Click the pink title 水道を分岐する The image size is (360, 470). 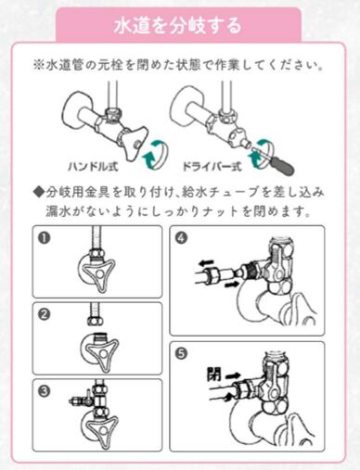[177, 26]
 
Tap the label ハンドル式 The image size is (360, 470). [93, 167]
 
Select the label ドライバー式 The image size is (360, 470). [212, 167]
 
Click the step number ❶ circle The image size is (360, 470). [44, 238]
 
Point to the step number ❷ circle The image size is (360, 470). [44, 314]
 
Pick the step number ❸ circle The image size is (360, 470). [44, 391]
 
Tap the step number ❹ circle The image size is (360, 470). [181, 238]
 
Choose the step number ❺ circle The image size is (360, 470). [181, 354]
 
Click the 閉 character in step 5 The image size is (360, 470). [213, 374]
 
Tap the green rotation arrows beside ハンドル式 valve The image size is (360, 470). [156, 154]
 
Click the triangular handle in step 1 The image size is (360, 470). [99, 274]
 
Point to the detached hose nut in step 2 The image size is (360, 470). [94, 322]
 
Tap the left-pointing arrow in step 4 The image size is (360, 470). [206, 263]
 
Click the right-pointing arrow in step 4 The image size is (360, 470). [232, 284]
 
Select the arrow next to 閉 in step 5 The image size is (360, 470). [232, 376]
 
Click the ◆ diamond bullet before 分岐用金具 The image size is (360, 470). [38, 193]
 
